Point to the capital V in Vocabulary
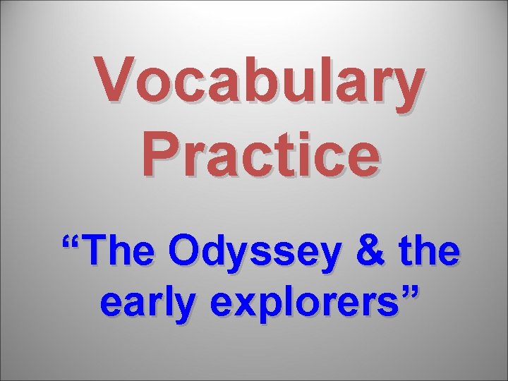click(x=119, y=78)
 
